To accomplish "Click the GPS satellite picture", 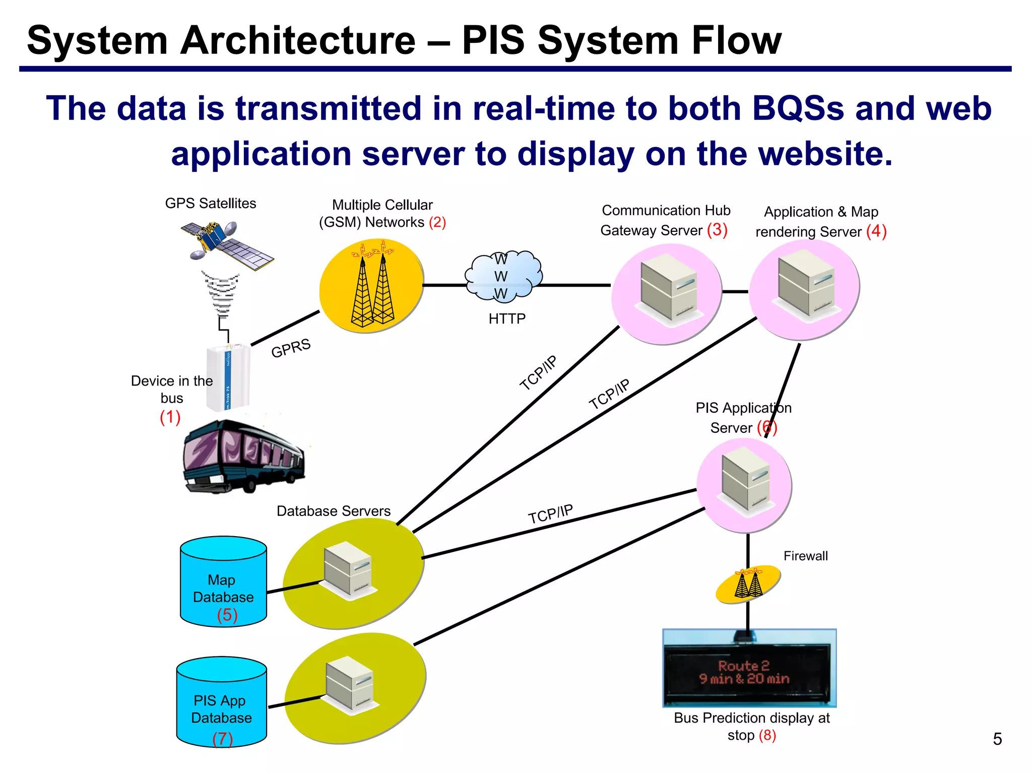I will (x=227, y=245).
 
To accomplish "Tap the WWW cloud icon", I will (x=503, y=277).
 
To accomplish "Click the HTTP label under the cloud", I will (x=507, y=318).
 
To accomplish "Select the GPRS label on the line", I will (x=291, y=348).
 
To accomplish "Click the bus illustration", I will (x=243, y=457).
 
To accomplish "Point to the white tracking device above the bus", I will (x=228, y=377).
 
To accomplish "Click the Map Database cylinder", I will (x=223, y=582).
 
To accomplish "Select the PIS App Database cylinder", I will (x=221, y=702).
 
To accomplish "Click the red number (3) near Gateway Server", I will (x=717, y=230).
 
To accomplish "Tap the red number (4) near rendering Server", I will (x=876, y=231).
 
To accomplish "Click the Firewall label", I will (x=805, y=556).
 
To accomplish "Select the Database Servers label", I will (x=334, y=511).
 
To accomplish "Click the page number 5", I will (x=997, y=739).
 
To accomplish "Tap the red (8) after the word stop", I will (x=767, y=735).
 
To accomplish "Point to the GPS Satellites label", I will (x=211, y=203).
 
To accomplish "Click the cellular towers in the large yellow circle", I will (x=373, y=287).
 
